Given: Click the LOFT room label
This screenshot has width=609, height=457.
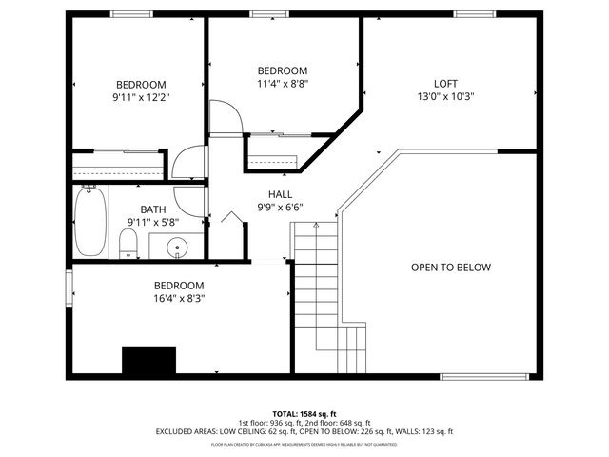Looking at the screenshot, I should (445, 83).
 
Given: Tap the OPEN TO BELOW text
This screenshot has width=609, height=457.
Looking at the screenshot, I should (451, 268).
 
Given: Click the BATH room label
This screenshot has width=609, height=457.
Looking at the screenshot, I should (152, 209).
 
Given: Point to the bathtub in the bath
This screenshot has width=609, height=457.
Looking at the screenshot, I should (90, 221).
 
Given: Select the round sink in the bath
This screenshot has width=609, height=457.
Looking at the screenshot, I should (178, 249).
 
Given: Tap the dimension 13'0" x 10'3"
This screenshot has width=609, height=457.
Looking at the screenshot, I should (445, 96).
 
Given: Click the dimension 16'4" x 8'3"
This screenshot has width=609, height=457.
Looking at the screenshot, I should (180, 298).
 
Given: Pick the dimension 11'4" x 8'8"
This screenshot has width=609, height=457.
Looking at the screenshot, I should (283, 84).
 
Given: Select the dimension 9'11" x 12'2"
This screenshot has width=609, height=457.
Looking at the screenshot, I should (142, 96).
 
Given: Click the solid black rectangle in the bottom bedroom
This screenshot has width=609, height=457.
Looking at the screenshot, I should (149, 361).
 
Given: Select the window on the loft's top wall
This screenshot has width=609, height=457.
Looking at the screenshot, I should (467, 13).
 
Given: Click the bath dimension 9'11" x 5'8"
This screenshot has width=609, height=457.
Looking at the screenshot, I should (152, 222).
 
